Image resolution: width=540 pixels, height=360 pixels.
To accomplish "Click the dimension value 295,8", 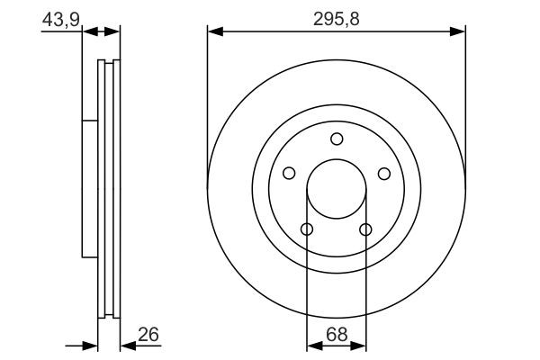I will tap(337, 18).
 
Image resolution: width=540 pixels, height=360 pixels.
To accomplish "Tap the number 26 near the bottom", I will tap(148, 334).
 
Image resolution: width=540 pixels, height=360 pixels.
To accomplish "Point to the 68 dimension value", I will tap(336, 334).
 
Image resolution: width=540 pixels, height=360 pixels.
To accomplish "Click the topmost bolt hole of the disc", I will tap(337, 139).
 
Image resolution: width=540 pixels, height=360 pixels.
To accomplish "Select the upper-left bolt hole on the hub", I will tap(289, 174).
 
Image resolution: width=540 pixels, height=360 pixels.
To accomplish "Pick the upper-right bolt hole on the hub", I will tap(383, 174).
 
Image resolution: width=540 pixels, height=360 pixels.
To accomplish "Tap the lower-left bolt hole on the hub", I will tap(307, 229).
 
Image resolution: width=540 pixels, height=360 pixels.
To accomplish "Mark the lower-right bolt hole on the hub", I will tap(365, 229).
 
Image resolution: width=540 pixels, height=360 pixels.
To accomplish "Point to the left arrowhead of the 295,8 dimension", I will tap(214, 32).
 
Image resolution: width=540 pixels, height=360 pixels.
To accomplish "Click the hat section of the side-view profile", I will tap(89, 189).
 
